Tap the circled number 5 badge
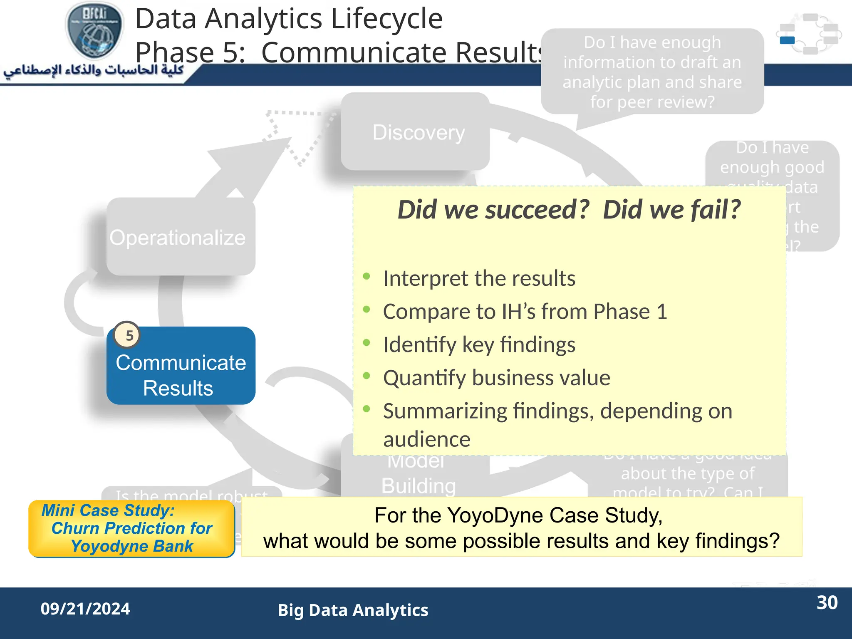127,335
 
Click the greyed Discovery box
416,132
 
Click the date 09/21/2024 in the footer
85,609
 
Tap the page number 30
827,602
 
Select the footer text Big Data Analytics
353,610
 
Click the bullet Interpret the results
478,278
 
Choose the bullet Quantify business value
496,378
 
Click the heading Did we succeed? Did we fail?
569,209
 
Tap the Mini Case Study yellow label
131,528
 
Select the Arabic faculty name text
94,70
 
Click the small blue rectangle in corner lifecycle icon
787,40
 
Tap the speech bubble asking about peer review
652,72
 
